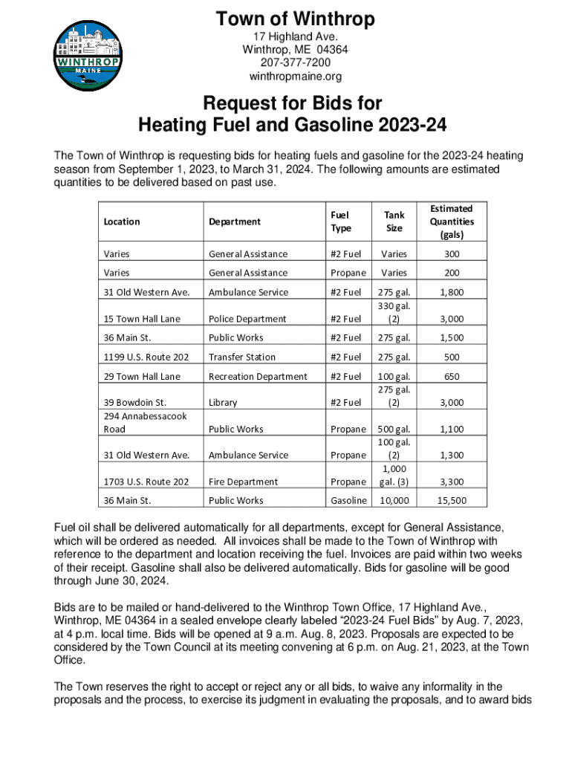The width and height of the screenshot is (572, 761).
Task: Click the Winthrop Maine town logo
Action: (x=84, y=56)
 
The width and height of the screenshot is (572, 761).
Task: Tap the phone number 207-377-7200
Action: (x=295, y=62)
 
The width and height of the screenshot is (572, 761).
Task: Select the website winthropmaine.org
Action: (x=295, y=76)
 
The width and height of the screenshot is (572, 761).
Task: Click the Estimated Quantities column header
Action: (x=452, y=221)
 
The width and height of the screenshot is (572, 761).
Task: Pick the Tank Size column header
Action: (x=394, y=221)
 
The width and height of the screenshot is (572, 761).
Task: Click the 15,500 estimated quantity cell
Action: (x=452, y=501)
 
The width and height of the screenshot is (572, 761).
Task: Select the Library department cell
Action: (x=224, y=403)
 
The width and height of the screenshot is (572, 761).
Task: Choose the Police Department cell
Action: (x=247, y=319)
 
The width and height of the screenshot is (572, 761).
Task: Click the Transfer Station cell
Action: (x=242, y=357)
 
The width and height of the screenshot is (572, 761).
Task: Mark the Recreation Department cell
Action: (x=258, y=377)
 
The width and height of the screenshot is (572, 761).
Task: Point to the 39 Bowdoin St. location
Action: (x=134, y=403)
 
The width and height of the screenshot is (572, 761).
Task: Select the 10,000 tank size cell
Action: (x=394, y=501)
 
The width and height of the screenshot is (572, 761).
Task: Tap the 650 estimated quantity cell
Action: (x=452, y=377)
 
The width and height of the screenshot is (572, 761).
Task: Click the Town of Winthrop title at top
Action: (x=295, y=19)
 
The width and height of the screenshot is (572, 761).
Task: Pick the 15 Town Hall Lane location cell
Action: (x=142, y=319)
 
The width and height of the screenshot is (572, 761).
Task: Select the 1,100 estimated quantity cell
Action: (x=452, y=429)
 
